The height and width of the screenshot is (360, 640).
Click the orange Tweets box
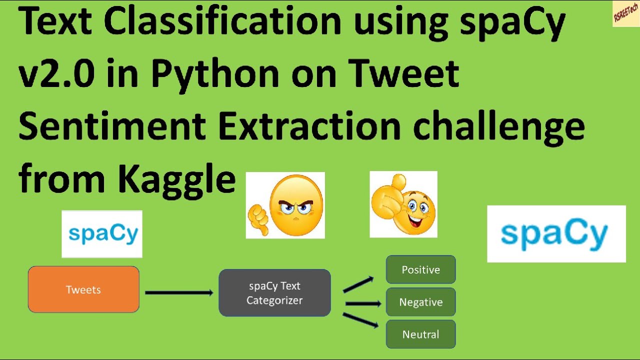(x=83, y=289)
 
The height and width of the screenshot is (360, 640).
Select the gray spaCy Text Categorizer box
(x=274, y=293)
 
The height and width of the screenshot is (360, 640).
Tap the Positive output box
(x=420, y=269)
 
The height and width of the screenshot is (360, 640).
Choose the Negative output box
(x=420, y=302)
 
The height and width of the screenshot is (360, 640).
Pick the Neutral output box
(x=420, y=334)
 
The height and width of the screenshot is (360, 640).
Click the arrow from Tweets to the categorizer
(x=179, y=292)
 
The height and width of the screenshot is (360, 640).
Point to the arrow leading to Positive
(x=358, y=284)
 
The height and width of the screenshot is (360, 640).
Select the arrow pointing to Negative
(x=363, y=303)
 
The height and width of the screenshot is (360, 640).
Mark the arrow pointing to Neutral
(x=360, y=320)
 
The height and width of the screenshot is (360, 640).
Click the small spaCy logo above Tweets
(x=102, y=234)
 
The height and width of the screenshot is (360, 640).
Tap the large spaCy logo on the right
(x=556, y=234)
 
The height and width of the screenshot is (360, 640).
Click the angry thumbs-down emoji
(x=285, y=205)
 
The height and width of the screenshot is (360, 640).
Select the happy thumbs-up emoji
(x=403, y=204)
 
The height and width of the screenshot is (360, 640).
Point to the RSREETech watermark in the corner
(x=625, y=13)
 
